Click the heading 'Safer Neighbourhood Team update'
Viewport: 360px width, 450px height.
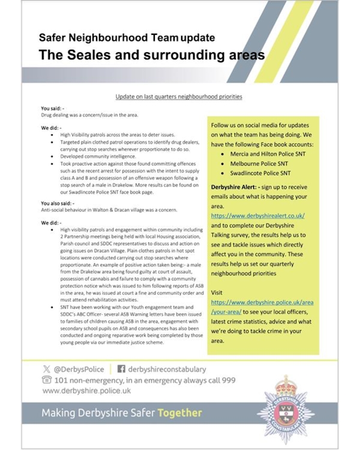tap(127, 38)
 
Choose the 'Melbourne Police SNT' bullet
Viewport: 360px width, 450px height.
tap(257, 164)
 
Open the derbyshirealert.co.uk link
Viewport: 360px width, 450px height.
tap(258, 215)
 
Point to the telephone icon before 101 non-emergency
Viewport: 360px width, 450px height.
tap(46, 380)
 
